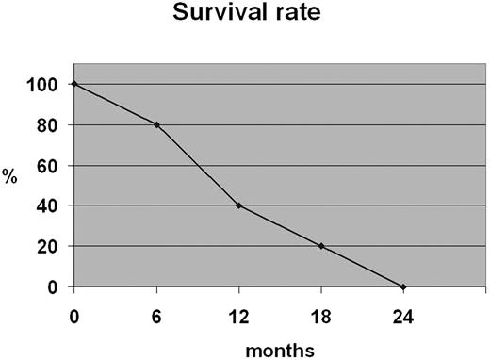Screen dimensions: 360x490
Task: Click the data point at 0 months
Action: pos(74,84)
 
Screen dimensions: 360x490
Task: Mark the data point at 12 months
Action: pos(238,205)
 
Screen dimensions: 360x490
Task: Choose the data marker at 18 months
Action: pos(320,246)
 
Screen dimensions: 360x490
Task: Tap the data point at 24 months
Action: pos(402,286)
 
